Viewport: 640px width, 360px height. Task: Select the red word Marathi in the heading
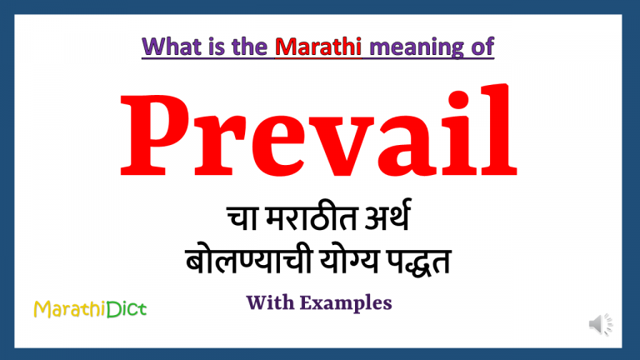point(319,48)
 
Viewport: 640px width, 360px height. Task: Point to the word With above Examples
point(271,303)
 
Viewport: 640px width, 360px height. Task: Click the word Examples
point(346,304)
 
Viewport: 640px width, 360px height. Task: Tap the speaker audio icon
point(599,324)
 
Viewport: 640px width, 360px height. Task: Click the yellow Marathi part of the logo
point(70,310)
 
